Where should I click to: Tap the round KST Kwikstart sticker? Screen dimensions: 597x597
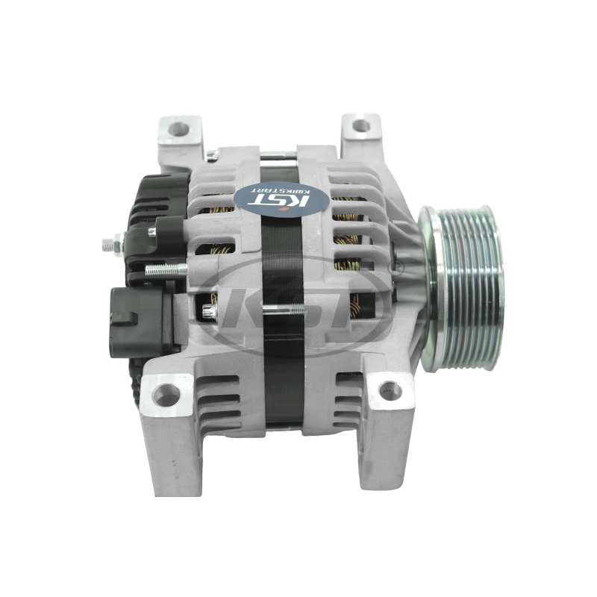(x=281, y=199)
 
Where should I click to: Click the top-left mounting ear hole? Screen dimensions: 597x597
(x=178, y=129)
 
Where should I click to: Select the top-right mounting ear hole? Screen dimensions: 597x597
(x=361, y=125)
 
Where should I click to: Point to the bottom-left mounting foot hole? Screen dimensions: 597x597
(x=166, y=395)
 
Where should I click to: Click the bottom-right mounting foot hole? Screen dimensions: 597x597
(x=390, y=390)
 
